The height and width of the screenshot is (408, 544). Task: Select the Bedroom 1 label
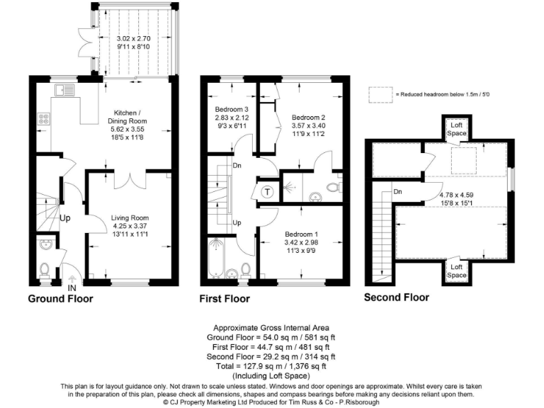coord(301,234)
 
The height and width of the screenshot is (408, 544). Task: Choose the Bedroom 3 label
coord(231,109)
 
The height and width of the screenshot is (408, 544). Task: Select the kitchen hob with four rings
coord(44,120)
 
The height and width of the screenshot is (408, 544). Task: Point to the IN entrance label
coord(71,289)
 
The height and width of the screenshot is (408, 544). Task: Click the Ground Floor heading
coord(60,299)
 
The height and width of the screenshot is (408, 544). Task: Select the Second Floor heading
coord(396,297)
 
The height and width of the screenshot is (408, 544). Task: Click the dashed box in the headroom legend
coord(380,93)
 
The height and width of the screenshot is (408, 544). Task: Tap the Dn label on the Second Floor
coord(398,191)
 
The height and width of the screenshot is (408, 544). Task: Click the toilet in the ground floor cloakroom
coord(44,270)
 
